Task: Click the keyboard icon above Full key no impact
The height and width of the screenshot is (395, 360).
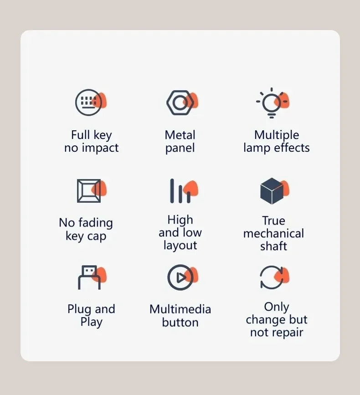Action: (x=88, y=103)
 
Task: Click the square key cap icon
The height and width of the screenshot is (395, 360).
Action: (x=89, y=191)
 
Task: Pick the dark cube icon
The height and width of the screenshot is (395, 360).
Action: (x=272, y=191)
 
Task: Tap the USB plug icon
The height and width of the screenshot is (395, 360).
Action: (x=89, y=277)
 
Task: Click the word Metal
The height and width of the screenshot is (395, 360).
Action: (x=180, y=135)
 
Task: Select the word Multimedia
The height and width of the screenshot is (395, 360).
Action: (x=180, y=309)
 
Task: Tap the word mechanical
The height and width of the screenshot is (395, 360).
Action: (x=273, y=233)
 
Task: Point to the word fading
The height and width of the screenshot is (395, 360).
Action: (x=96, y=223)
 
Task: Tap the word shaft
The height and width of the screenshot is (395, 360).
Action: (x=273, y=246)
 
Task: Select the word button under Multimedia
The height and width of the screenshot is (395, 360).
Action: (x=180, y=322)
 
